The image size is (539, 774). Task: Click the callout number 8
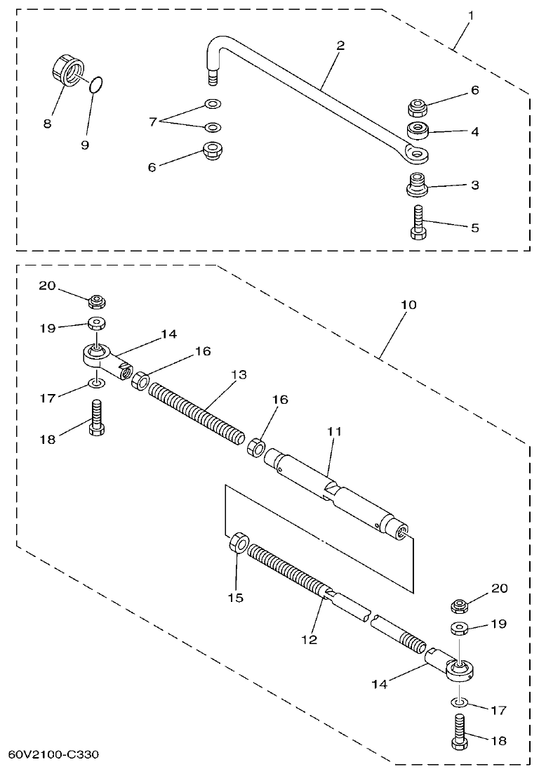[x=47, y=124]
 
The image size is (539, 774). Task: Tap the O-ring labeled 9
[x=98, y=86]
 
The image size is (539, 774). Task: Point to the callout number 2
[x=340, y=46]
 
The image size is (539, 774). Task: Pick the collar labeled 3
[x=418, y=185]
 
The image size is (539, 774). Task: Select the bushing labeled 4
[x=419, y=130]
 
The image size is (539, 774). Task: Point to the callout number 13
[x=239, y=375]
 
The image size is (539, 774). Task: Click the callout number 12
[x=309, y=640]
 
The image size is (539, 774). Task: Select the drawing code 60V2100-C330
[x=53, y=755]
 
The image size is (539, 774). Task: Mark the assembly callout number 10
[x=408, y=305]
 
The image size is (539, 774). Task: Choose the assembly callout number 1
[x=471, y=14]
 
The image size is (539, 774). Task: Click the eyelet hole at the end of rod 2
[x=418, y=152]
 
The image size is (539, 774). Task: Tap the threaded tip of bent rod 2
[x=213, y=73]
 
